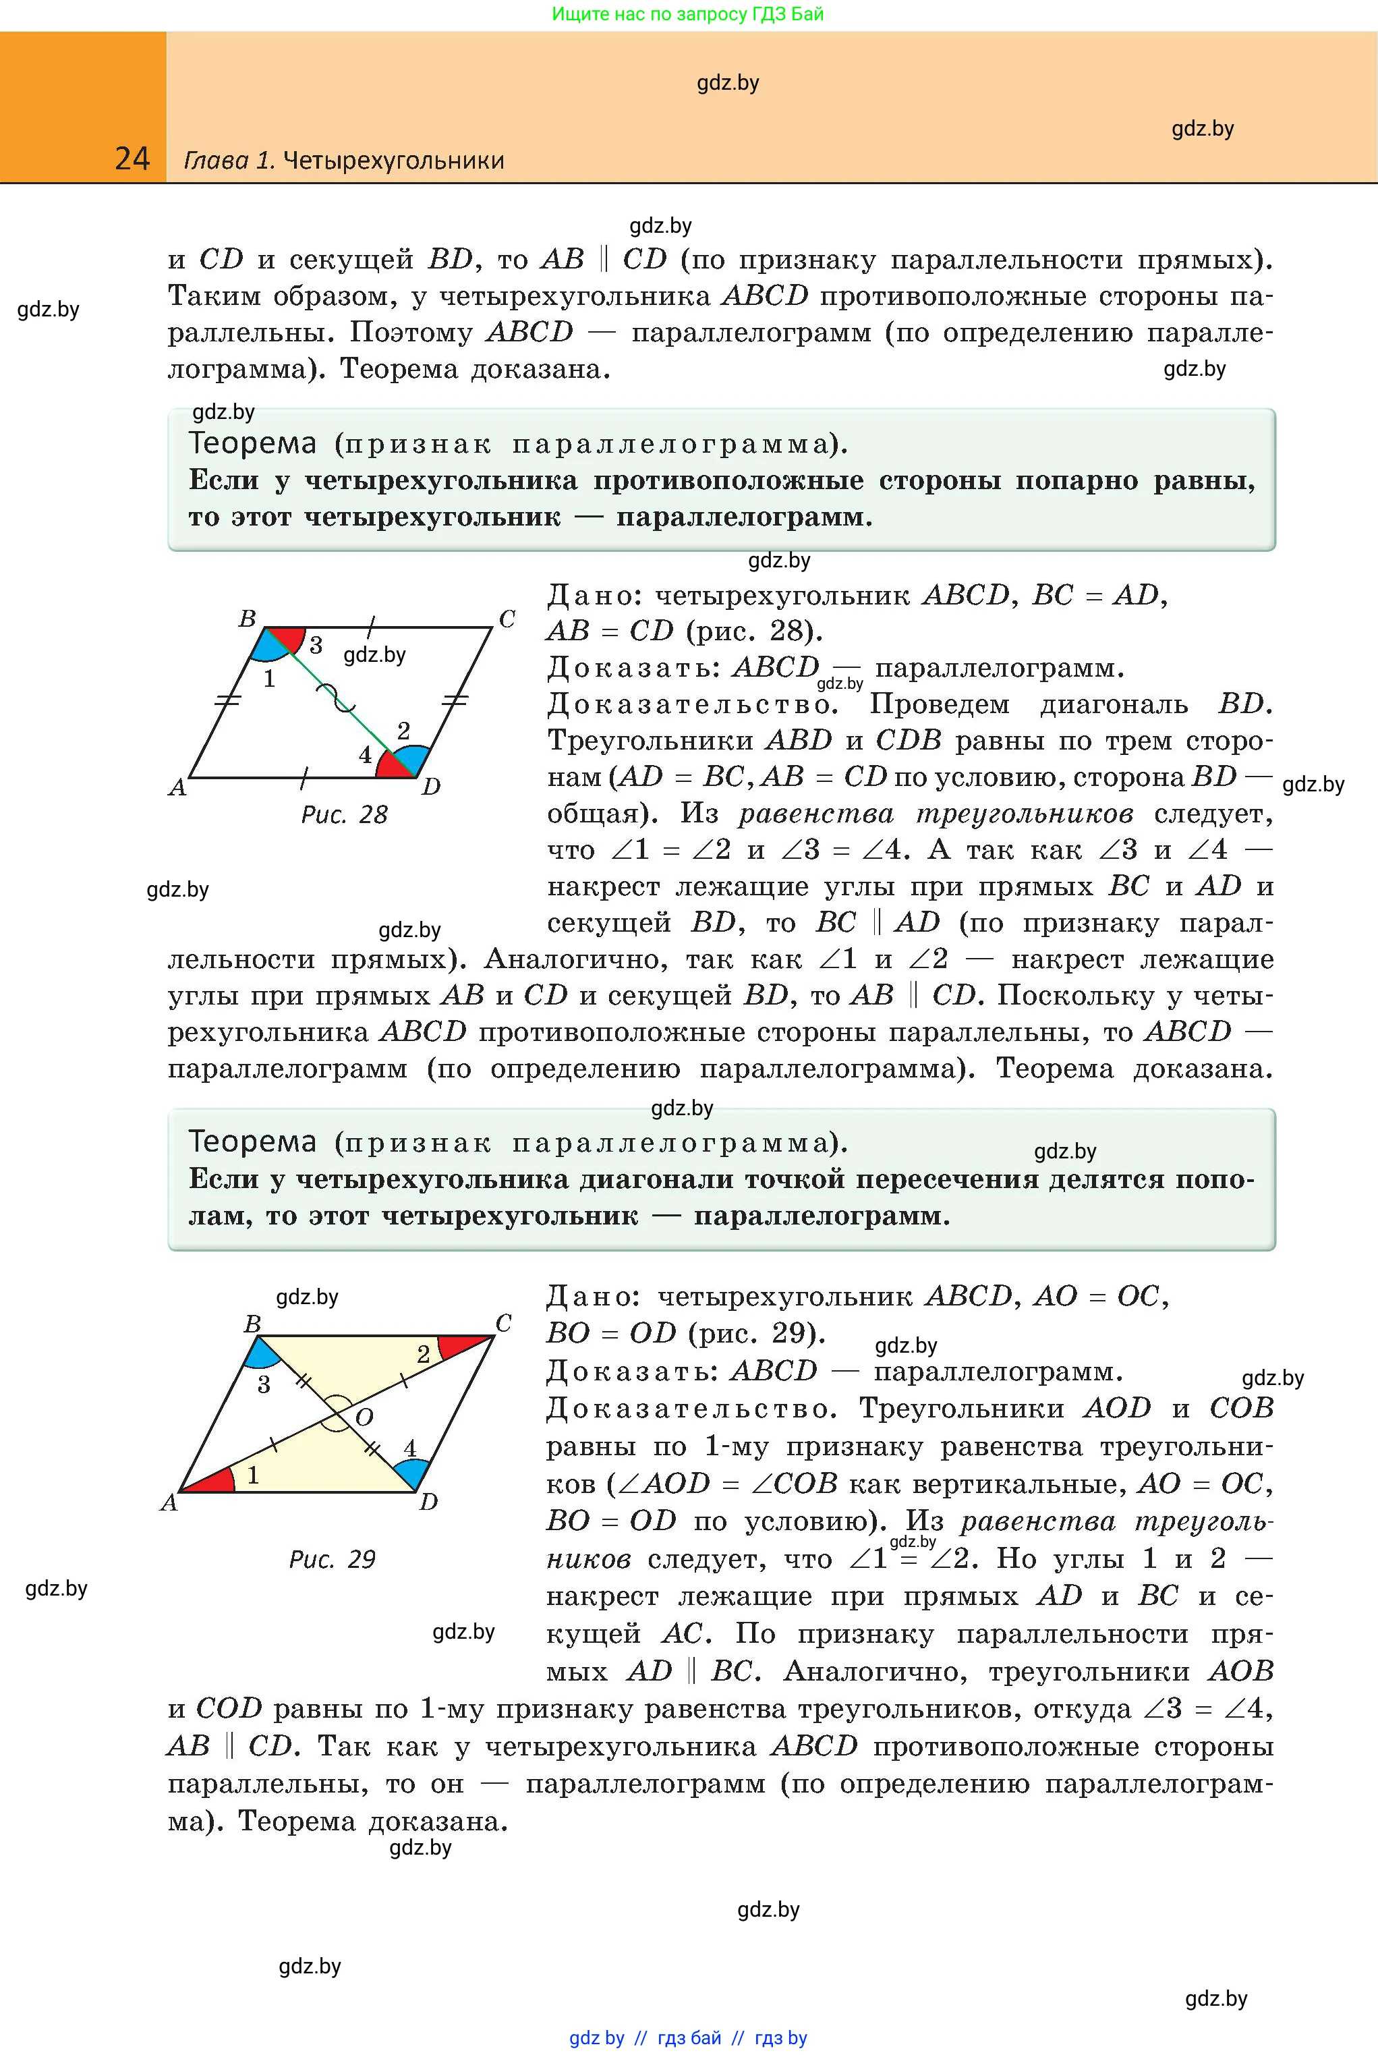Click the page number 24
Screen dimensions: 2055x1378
pyautogui.click(x=133, y=159)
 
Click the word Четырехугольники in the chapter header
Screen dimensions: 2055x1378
pyautogui.click(x=394, y=161)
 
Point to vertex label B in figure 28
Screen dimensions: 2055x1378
pyautogui.click(x=247, y=619)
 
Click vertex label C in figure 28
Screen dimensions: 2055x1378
pyautogui.click(x=507, y=619)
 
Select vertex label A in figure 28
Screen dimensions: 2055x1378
pyautogui.click(x=177, y=787)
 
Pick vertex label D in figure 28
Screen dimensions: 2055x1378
pyautogui.click(x=430, y=787)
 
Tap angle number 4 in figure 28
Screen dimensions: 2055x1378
pyautogui.click(x=366, y=755)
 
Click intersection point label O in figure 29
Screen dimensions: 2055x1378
pyautogui.click(x=364, y=1417)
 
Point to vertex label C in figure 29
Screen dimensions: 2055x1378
pyautogui.click(x=504, y=1323)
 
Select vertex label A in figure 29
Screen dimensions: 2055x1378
pyautogui.click(x=169, y=1503)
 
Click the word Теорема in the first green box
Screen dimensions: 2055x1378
pyautogui.click(x=252, y=443)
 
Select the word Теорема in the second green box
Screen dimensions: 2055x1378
pyautogui.click(x=252, y=1142)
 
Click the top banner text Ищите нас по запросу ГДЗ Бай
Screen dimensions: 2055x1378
pyautogui.click(x=688, y=14)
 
